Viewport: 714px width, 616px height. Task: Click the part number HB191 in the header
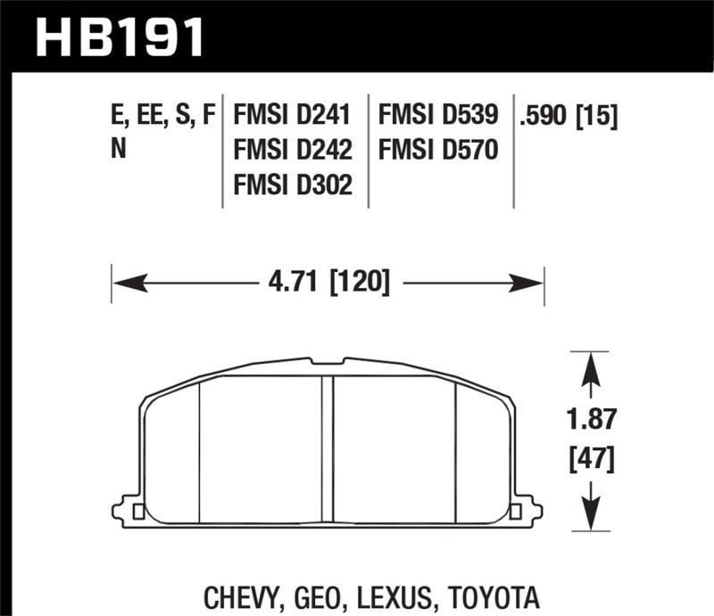point(118,37)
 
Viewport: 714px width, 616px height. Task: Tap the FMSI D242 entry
point(292,149)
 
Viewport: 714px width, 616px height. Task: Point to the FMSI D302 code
point(292,184)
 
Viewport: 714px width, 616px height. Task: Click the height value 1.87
point(589,419)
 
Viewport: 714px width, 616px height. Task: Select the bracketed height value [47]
point(589,461)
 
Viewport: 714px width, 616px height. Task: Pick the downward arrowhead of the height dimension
point(589,514)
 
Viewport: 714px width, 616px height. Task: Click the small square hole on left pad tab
point(137,512)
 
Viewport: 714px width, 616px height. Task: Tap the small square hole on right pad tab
point(514,512)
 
